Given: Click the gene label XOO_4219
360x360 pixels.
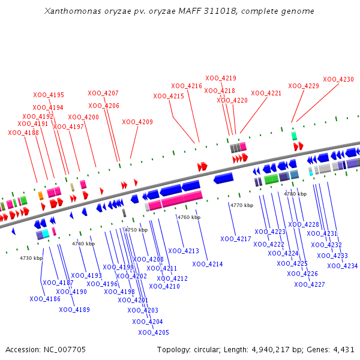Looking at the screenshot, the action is pos(221,78).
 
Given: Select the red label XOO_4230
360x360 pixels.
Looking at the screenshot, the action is pos(338,79).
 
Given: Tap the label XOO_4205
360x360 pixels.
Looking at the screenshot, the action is pos(154,332).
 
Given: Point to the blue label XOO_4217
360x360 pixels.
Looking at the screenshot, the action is pos(236,239).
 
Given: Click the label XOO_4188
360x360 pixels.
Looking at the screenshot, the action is pos(23,133).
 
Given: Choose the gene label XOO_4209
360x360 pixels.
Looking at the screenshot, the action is pos(137,122).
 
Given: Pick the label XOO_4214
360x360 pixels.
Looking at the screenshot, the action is pos(208,264).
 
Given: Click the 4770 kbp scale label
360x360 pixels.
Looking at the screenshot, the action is pos(242,205).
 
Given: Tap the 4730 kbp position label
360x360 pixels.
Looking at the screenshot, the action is pos(31,258).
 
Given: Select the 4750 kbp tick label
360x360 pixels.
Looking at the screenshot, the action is pos(136,230).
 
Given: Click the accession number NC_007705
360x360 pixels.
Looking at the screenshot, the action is pos(65,350).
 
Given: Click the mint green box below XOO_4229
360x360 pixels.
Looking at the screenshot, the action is pos(294,136).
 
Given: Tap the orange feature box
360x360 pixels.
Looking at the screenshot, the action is pos(41,196).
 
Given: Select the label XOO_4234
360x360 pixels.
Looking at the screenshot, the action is pos(343,266).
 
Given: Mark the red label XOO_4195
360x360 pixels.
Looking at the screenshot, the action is pos(49,95).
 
